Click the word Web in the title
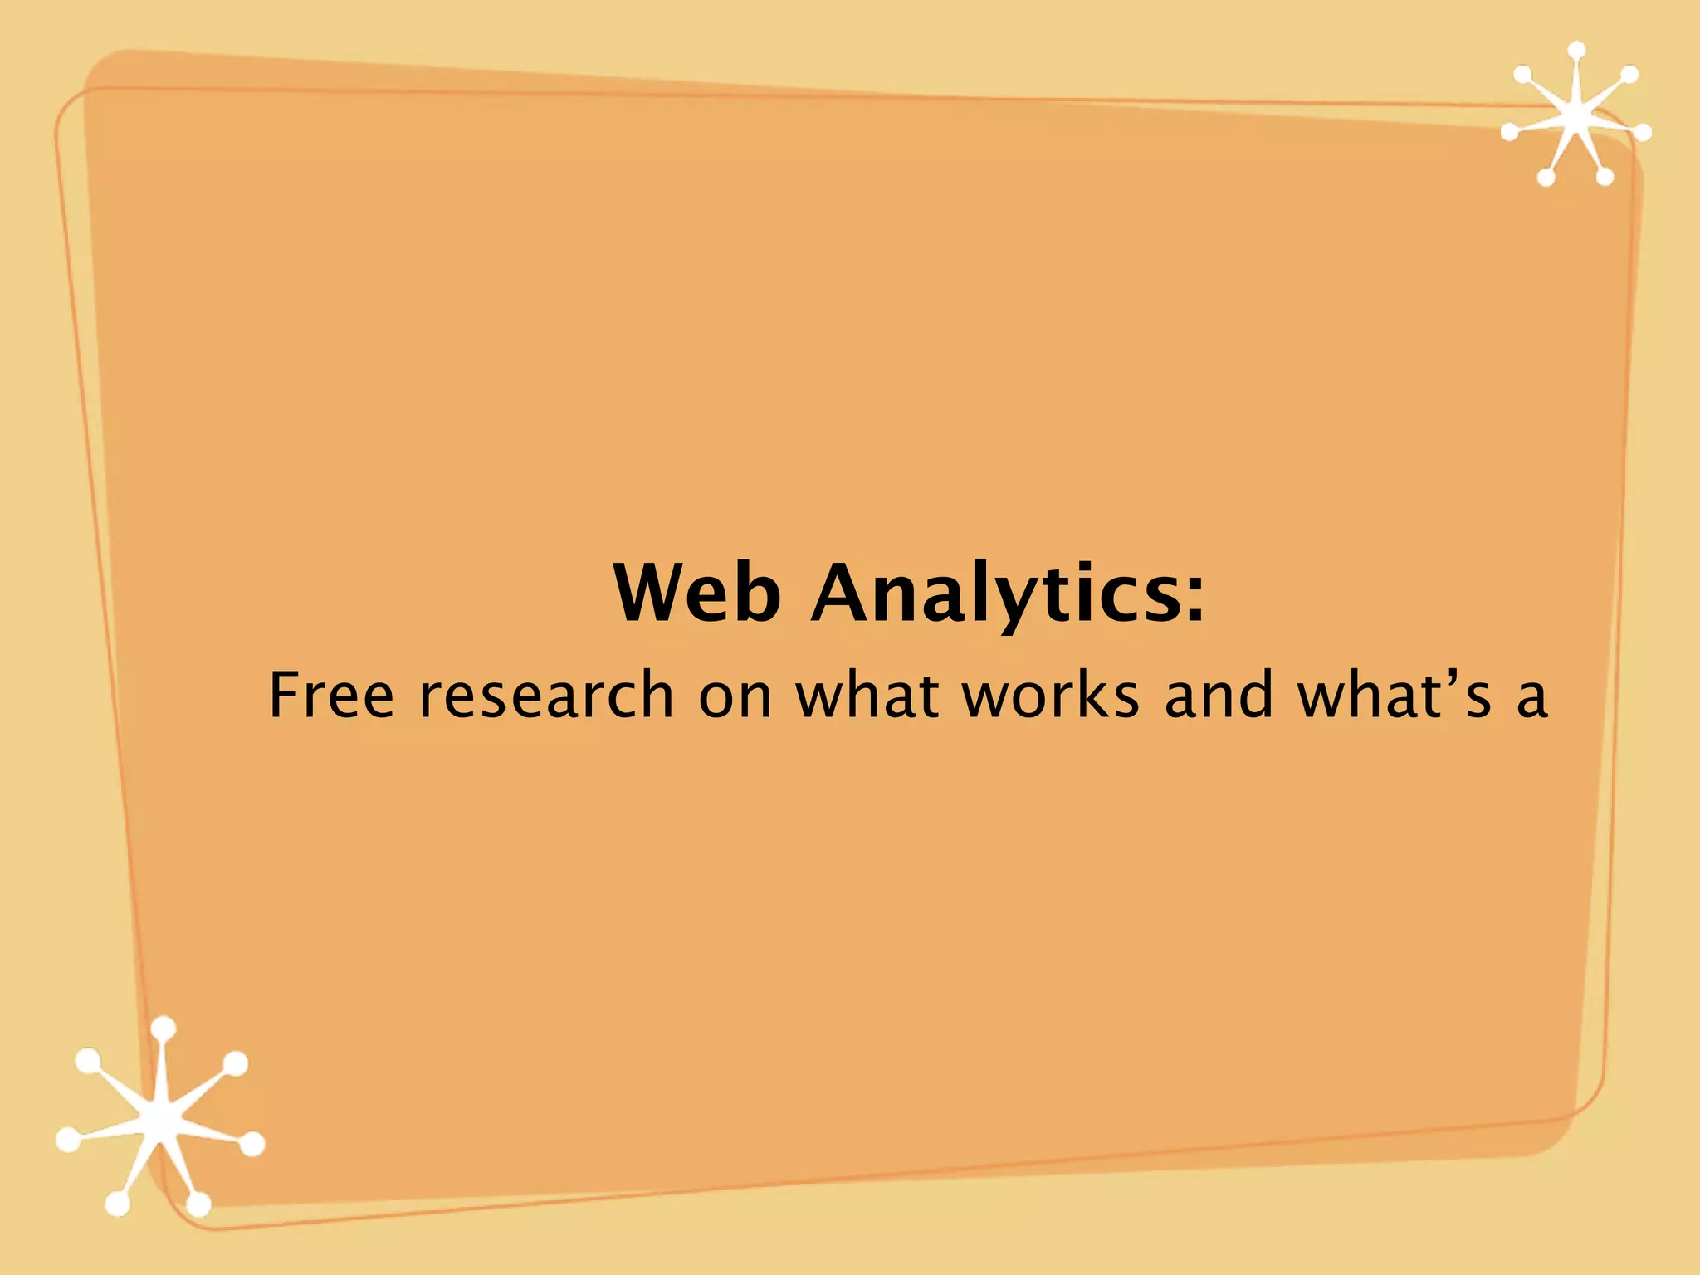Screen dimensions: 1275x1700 tap(696, 593)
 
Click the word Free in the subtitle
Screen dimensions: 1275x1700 tap(331, 695)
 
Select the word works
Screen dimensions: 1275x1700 tap(1051, 695)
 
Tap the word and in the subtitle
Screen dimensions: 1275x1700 tap(1219, 695)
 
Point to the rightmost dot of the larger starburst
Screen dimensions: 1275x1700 tap(252, 1145)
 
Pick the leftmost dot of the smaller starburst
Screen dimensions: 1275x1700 tap(1510, 130)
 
